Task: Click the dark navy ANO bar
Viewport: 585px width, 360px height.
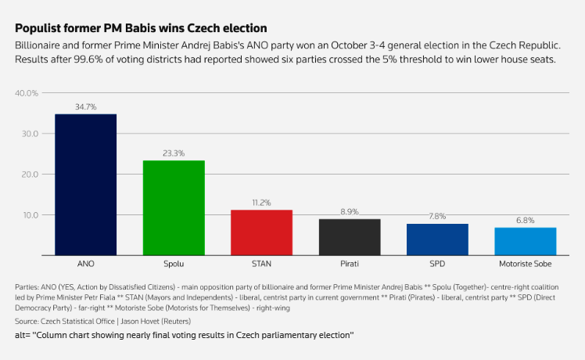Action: coord(85,185)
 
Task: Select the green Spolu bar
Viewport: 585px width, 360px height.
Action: coord(174,207)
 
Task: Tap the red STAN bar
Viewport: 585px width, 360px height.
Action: coord(261,232)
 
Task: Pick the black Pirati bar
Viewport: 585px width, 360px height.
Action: coord(350,237)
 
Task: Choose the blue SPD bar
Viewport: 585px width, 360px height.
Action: coord(437,239)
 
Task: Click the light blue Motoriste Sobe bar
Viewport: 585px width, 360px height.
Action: coord(526,241)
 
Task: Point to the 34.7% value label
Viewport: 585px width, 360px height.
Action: coord(85,107)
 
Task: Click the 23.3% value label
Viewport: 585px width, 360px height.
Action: coord(174,153)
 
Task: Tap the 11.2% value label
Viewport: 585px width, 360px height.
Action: coord(261,203)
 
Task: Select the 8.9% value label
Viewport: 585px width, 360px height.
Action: coord(350,212)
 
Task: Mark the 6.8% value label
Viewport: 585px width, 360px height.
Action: coord(526,221)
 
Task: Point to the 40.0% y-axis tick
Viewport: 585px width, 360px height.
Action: coord(27,93)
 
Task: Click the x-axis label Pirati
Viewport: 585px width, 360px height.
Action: coord(350,265)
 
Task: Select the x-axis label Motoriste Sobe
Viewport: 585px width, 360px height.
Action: coord(526,265)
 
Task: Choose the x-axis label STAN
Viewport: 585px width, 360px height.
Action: coord(261,265)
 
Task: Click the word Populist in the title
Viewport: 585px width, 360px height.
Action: coord(38,28)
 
